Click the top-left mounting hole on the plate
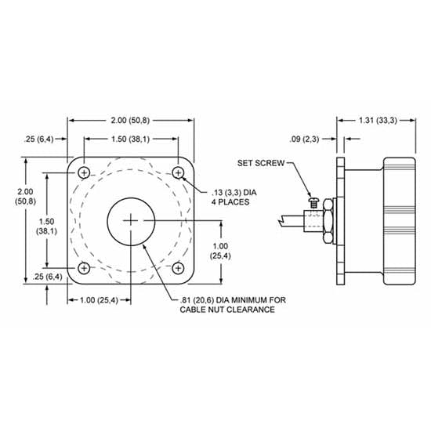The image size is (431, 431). tap(85, 172)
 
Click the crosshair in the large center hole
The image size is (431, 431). tap(131, 220)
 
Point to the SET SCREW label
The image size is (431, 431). tap(261, 163)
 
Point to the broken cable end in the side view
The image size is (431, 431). tap(281, 223)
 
